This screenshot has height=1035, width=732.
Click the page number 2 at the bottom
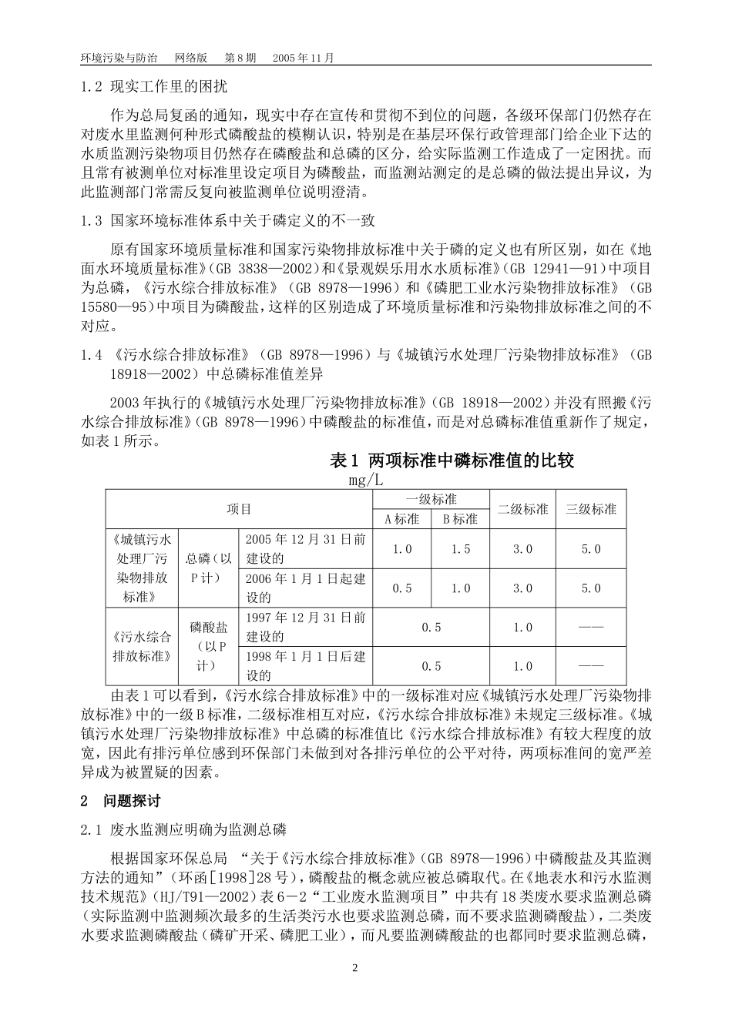(355, 968)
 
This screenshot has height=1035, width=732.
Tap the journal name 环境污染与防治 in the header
(119, 59)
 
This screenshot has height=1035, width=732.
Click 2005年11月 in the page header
(304, 59)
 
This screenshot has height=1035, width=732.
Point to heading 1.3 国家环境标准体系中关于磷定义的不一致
(228, 221)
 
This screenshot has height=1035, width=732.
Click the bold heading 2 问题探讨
(121, 801)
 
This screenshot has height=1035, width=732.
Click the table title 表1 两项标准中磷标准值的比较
(452, 461)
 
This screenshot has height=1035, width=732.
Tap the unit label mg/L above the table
(364, 480)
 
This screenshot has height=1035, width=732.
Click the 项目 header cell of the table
(239, 509)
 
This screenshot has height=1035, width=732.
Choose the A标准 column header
(402, 519)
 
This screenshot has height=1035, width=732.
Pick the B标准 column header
(460, 519)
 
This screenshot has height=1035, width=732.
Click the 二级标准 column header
(523, 509)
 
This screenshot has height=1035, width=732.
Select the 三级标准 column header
(591, 509)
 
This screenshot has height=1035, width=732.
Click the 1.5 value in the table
(460, 549)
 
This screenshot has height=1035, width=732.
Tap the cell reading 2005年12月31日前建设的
(305, 549)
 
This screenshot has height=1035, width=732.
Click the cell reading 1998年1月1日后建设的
(305, 666)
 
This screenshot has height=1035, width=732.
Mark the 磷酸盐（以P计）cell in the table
(210, 647)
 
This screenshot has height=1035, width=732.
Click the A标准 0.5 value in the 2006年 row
(402, 588)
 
